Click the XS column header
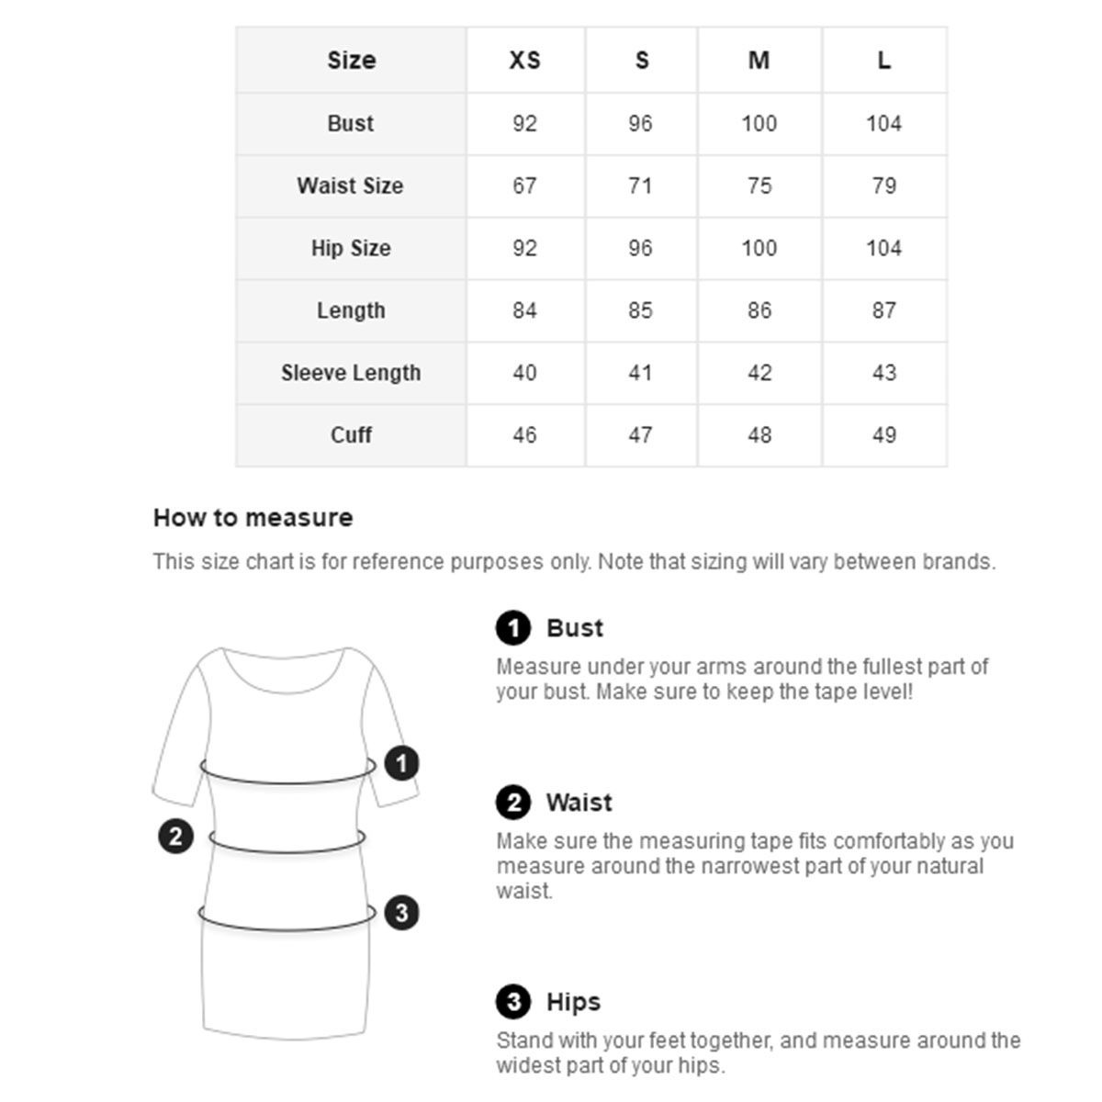(x=524, y=61)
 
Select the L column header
(x=883, y=61)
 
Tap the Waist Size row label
(x=350, y=186)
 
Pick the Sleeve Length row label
(x=351, y=373)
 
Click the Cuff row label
(x=351, y=435)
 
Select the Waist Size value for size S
(x=640, y=186)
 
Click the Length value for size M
(x=759, y=310)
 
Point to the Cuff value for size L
(x=883, y=435)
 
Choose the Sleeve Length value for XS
(x=524, y=373)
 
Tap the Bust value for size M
(x=759, y=123)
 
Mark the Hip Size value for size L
(x=883, y=248)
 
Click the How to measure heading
(x=253, y=518)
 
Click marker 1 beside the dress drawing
(x=401, y=763)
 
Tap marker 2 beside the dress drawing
(x=175, y=836)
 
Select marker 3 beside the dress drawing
(x=401, y=913)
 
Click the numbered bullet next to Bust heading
(x=513, y=628)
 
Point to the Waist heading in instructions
(x=579, y=803)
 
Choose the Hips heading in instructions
(x=573, y=1002)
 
